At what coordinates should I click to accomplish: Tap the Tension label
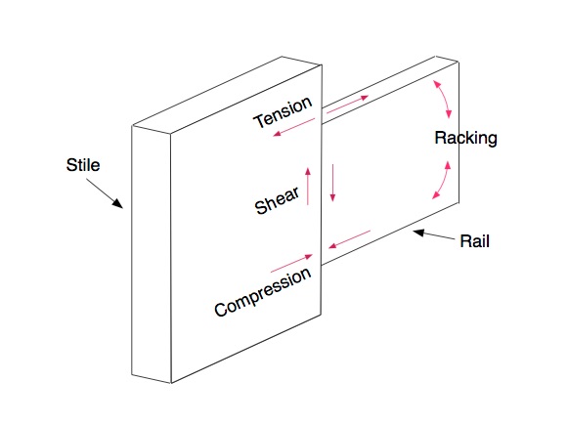click(x=283, y=113)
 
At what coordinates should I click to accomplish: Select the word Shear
click(x=278, y=198)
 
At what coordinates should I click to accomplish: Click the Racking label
click(x=465, y=139)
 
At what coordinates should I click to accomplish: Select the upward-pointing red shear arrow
click(x=309, y=185)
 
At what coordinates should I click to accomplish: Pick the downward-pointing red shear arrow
click(x=332, y=184)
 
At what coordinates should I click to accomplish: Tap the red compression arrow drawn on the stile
click(x=291, y=262)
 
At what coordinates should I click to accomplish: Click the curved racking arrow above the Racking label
click(x=443, y=97)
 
